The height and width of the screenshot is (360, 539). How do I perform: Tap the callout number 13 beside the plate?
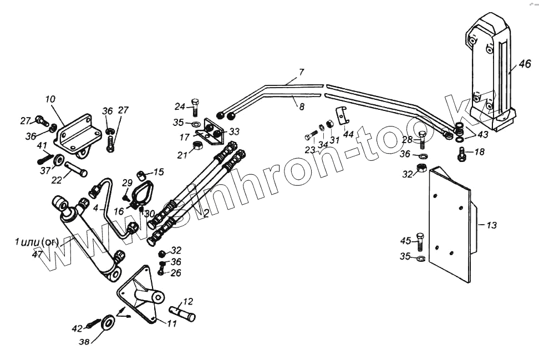click(491, 225)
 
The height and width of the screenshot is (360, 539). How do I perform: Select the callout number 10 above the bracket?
click(50, 99)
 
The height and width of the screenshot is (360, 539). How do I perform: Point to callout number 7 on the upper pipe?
click(301, 73)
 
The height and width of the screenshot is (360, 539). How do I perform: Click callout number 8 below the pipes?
click(302, 106)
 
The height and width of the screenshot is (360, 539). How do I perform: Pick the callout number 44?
click(348, 134)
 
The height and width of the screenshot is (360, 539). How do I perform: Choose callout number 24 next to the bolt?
click(180, 106)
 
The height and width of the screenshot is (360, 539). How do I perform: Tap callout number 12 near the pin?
click(188, 302)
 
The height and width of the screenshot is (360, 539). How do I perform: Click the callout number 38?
click(84, 343)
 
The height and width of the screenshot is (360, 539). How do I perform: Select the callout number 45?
click(406, 241)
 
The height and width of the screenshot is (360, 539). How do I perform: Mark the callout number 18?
click(479, 151)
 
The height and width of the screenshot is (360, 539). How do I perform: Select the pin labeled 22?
click(77, 168)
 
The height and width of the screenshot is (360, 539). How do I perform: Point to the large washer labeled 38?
click(108, 321)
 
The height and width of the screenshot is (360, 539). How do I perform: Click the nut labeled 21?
click(196, 146)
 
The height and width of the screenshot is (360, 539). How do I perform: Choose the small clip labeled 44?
click(343, 114)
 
